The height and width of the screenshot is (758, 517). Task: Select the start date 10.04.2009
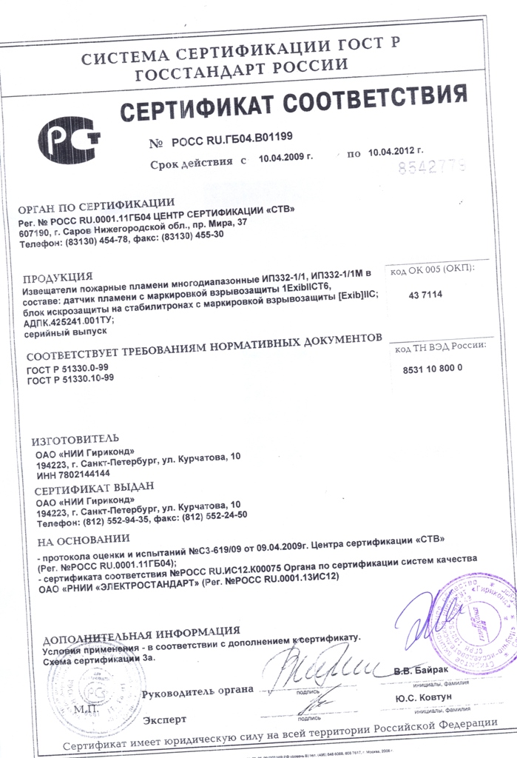285,157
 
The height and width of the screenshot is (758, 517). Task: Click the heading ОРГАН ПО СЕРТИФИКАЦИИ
96,202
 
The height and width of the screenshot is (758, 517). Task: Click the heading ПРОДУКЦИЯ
58,279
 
